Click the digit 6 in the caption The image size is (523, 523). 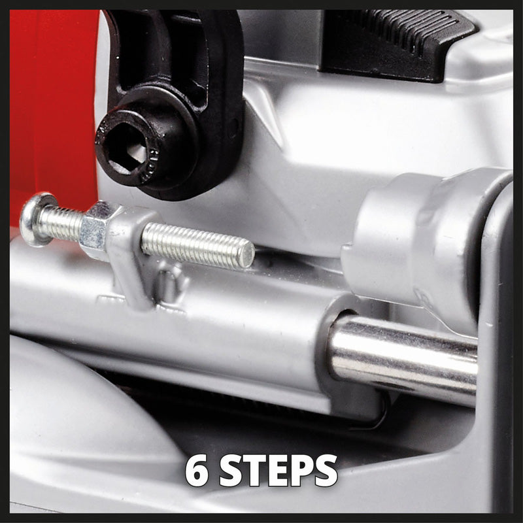(197, 470)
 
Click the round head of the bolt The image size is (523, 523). (31, 218)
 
